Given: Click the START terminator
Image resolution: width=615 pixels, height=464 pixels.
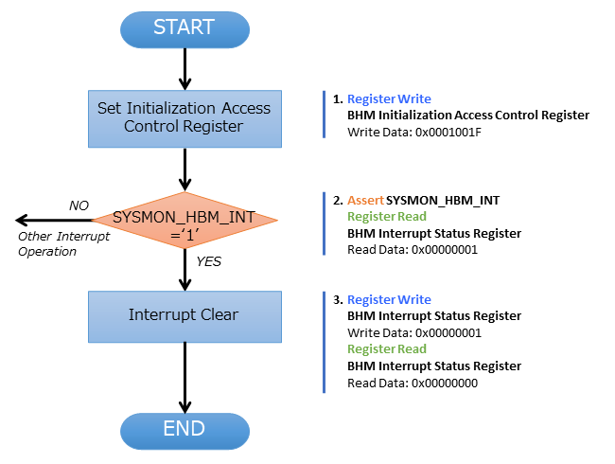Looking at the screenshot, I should [184, 28].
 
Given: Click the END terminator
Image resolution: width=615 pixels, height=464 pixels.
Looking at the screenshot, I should [184, 428].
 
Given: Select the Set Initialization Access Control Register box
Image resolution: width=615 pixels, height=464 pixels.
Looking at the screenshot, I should [184, 117].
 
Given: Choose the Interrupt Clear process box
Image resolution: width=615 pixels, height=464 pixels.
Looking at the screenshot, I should [184, 315].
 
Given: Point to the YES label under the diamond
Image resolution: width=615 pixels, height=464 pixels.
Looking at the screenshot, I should [208, 261].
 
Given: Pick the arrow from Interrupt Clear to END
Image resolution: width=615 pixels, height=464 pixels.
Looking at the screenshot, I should [184, 376].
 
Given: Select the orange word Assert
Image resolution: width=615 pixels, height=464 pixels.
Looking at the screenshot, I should [365, 200].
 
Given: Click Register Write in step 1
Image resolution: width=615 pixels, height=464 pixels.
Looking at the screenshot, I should [389, 98].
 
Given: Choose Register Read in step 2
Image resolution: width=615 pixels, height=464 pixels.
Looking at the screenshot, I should [387, 217].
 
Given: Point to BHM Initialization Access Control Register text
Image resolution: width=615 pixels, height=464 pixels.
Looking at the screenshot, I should [468, 115].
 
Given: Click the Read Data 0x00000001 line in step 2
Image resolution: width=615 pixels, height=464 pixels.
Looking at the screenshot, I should [412, 250].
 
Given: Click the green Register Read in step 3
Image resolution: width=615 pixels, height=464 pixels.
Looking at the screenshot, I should [387, 349].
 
